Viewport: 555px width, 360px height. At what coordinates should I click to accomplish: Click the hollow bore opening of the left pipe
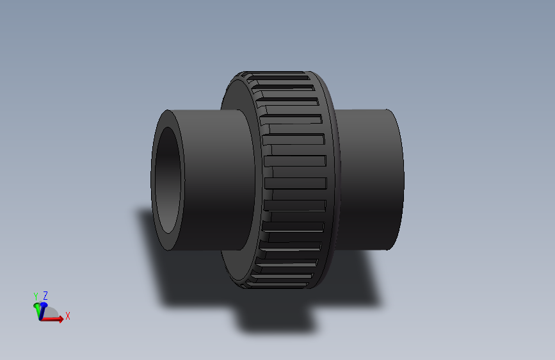[169, 181]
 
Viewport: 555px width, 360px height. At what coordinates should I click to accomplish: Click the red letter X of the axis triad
[68, 316]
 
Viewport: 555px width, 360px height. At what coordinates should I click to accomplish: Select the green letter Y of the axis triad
[36, 296]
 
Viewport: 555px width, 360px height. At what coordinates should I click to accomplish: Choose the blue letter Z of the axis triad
[45, 295]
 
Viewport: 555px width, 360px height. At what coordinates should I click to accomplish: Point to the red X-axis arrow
[54, 318]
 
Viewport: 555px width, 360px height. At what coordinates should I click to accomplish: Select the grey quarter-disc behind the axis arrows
[53, 313]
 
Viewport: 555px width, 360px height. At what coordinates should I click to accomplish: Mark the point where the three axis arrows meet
[40, 318]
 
